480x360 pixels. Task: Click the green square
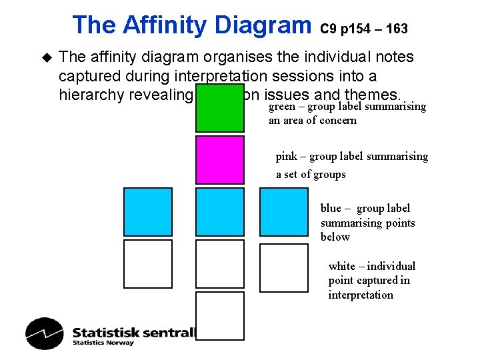pyautogui.click(x=220, y=108)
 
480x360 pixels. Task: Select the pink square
pyautogui.click(x=220, y=159)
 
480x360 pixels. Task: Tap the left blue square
pyautogui.click(x=148, y=211)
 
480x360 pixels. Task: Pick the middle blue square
pyautogui.click(x=220, y=211)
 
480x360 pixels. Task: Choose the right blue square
pyautogui.click(x=284, y=211)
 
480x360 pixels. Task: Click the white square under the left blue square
pyautogui.click(x=148, y=264)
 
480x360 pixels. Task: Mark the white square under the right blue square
pyautogui.click(x=284, y=268)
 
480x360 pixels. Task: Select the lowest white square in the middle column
pyautogui.click(x=220, y=316)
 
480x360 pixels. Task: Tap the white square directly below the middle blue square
pyautogui.click(x=220, y=264)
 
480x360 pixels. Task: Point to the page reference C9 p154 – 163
pyautogui.click(x=364, y=29)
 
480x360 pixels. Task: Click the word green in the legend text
pyautogui.click(x=282, y=106)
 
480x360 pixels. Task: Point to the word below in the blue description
pyautogui.click(x=335, y=237)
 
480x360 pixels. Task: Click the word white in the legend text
pyautogui.click(x=341, y=266)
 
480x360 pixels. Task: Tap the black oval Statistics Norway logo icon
pyautogui.click(x=45, y=333)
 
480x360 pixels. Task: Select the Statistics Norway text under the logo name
pyautogui.click(x=103, y=343)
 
